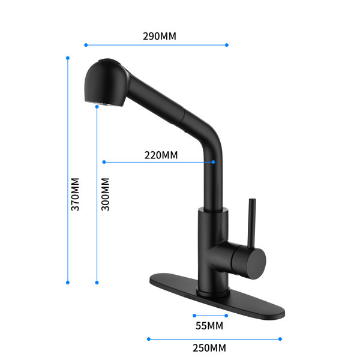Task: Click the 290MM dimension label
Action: pyautogui.click(x=160, y=36)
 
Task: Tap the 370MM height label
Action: pyautogui.click(x=75, y=194)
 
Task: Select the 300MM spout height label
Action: pyautogui.click(x=106, y=194)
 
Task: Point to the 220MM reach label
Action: pyautogui.click(x=161, y=155)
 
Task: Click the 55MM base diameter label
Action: pyautogui.click(x=209, y=326)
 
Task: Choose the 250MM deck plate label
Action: pyautogui.click(x=209, y=348)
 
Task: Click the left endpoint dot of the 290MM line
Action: pyautogui.click(x=86, y=45)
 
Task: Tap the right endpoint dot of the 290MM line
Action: pyautogui.click(x=227, y=45)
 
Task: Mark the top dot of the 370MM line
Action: pyautogui.click(x=68, y=58)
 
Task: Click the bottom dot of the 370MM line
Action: pyautogui.click(x=68, y=283)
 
